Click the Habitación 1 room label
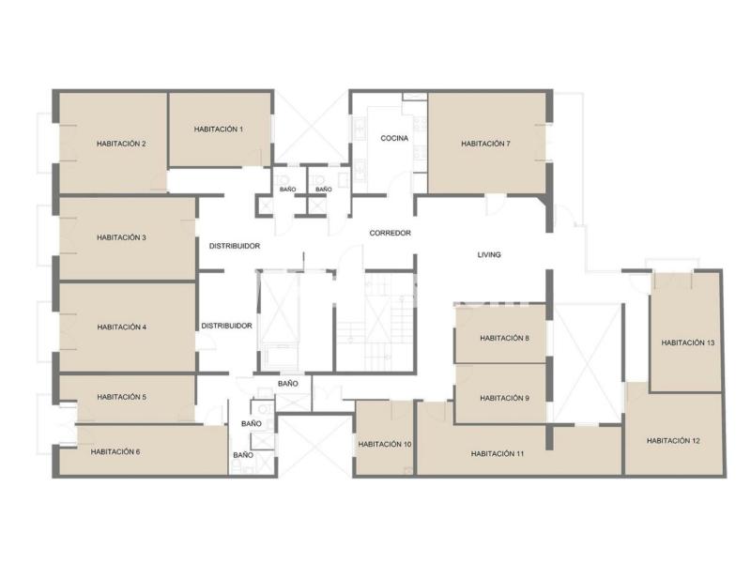point(219,129)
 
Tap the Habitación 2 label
point(121,144)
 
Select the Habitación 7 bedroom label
point(485,144)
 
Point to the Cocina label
point(394,138)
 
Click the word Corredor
point(390,233)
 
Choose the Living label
point(489,254)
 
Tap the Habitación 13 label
point(688,342)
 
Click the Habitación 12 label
point(673,440)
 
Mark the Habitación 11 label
point(498,454)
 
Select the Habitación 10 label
point(385,444)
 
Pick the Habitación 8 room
point(500,333)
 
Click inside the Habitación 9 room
point(500,393)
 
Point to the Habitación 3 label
point(121,237)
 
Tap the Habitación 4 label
point(122,327)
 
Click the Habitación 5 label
point(122,397)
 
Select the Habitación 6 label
point(115,451)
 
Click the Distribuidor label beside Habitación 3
point(235,246)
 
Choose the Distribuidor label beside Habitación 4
point(226,326)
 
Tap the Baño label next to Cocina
point(324,190)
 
